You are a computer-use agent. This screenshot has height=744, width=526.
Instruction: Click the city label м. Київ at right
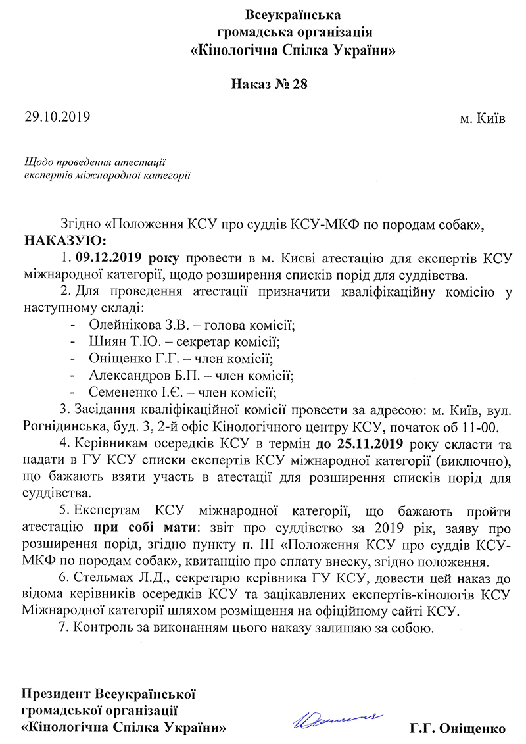point(483,120)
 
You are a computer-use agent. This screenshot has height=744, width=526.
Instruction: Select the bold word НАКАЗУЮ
point(64,239)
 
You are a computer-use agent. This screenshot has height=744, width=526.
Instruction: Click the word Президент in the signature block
point(57,695)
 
